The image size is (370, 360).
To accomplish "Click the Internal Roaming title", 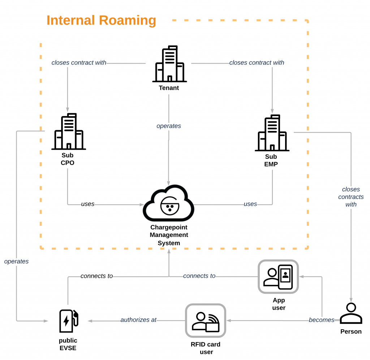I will [x=101, y=21].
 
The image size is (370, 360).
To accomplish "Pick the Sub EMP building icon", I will [x=272, y=133].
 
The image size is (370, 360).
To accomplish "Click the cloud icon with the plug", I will [x=169, y=204].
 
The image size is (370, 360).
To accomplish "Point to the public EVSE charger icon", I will [x=68, y=321].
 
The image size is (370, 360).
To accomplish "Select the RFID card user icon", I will [x=205, y=321].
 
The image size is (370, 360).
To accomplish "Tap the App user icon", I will [x=278, y=276].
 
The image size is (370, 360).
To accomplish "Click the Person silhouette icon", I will [x=350, y=313].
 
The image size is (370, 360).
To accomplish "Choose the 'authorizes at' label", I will [x=138, y=320].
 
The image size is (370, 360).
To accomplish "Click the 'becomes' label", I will [x=322, y=320].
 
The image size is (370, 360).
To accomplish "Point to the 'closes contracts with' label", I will [x=351, y=197].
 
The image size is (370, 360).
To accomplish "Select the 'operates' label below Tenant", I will [x=169, y=126].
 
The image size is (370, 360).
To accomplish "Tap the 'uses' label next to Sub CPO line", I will [x=88, y=204].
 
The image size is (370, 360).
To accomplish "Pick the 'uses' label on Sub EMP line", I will [x=250, y=204].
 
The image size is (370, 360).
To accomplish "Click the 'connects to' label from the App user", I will [x=199, y=276].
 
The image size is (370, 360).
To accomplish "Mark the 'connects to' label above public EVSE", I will [x=96, y=276].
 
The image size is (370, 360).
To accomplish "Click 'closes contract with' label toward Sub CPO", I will [x=79, y=63].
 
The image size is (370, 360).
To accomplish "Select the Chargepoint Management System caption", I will [x=169, y=235].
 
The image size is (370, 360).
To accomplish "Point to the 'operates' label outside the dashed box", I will [x=16, y=261].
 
